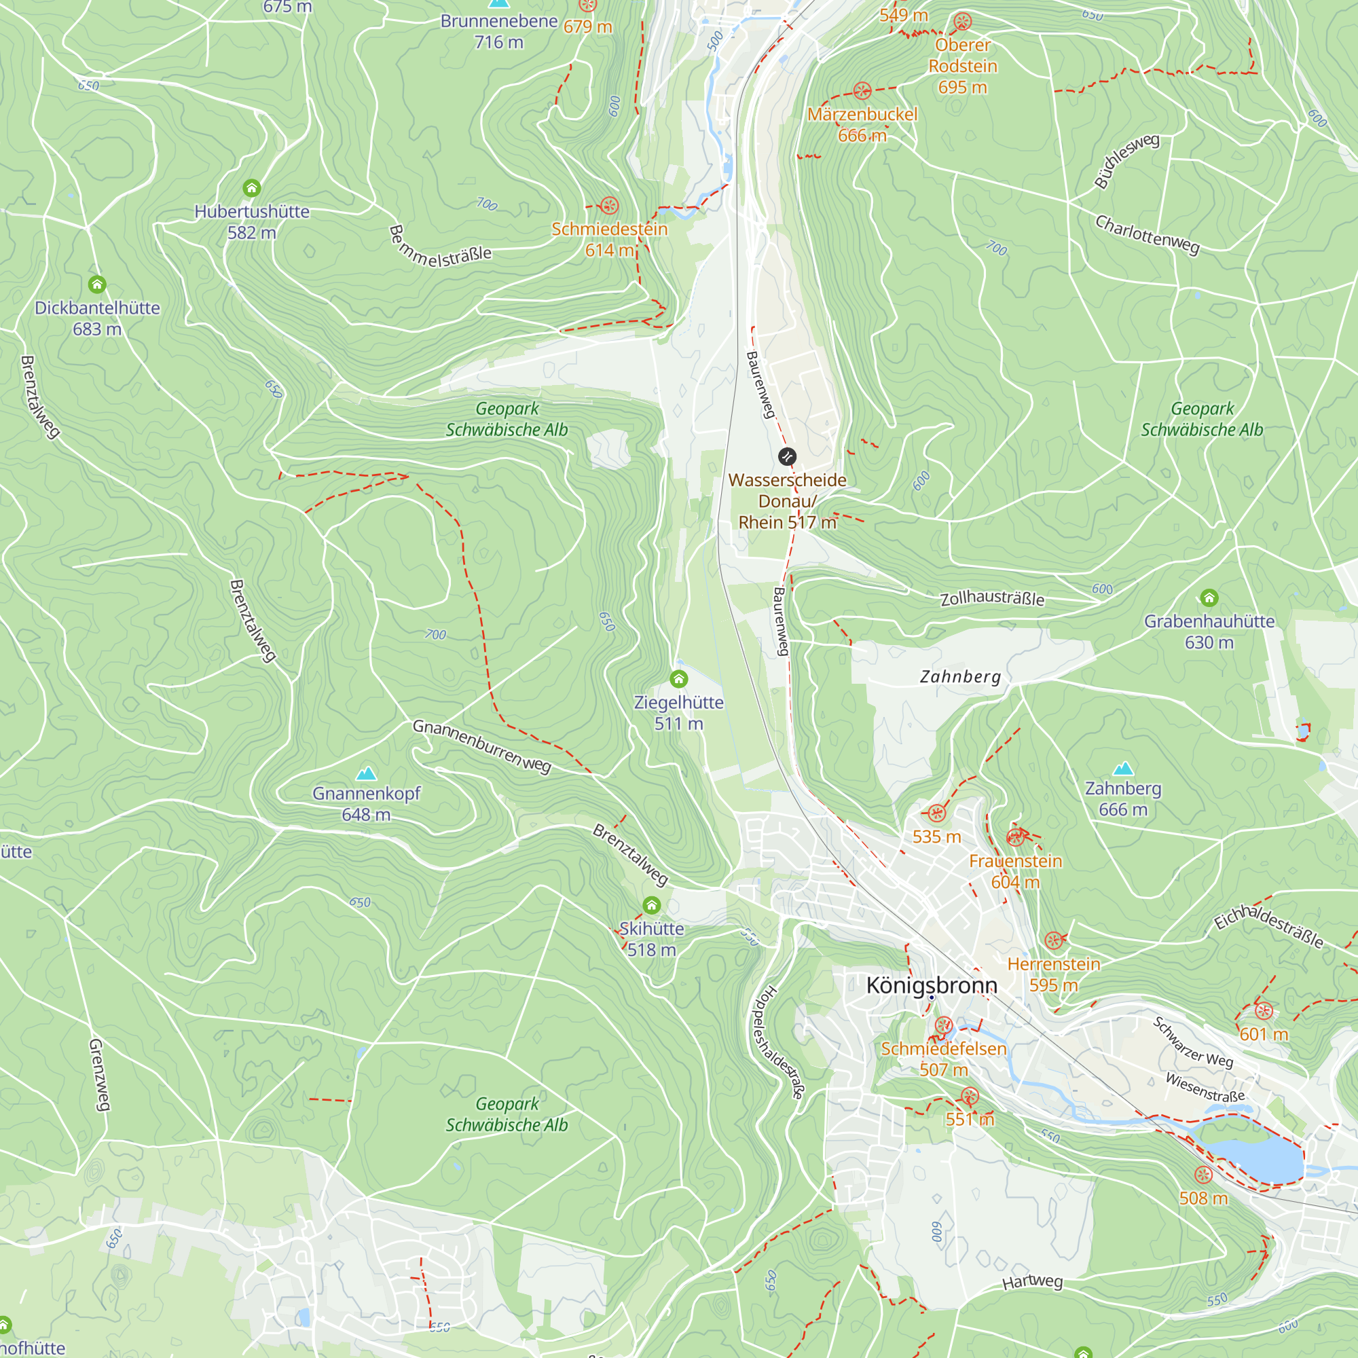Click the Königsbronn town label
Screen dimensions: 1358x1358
pyautogui.click(x=932, y=985)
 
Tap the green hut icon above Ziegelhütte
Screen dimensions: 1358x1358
pyautogui.click(x=678, y=679)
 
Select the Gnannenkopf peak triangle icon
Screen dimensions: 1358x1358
pyautogui.click(x=366, y=773)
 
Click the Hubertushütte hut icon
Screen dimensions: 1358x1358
pyautogui.click(x=252, y=187)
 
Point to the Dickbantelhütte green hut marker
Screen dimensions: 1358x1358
pyautogui.click(x=97, y=284)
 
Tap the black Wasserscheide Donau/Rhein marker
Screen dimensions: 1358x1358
pyautogui.click(x=787, y=457)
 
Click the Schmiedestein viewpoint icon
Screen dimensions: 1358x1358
pyautogui.click(x=610, y=206)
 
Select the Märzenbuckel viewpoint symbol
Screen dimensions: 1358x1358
pyautogui.click(x=862, y=91)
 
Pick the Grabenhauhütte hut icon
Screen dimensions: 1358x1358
pyautogui.click(x=1209, y=598)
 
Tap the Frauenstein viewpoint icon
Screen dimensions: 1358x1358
pyautogui.click(x=1015, y=837)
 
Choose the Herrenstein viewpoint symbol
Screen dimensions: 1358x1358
pyautogui.click(x=1053, y=940)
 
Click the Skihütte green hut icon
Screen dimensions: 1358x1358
pyautogui.click(x=652, y=905)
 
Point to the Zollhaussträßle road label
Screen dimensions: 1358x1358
pyautogui.click(x=992, y=598)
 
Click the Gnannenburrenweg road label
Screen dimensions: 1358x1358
pyautogui.click(x=481, y=746)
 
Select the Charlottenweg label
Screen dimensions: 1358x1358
pyautogui.click(x=1147, y=235)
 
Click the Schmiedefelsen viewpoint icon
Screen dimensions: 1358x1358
pyautogui.click(x=943, y=1025)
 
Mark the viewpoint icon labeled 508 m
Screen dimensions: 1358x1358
pyautogui.click(x=1203, y=1175)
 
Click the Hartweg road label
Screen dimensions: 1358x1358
pyautogui.click(x=1032, y=1281)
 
